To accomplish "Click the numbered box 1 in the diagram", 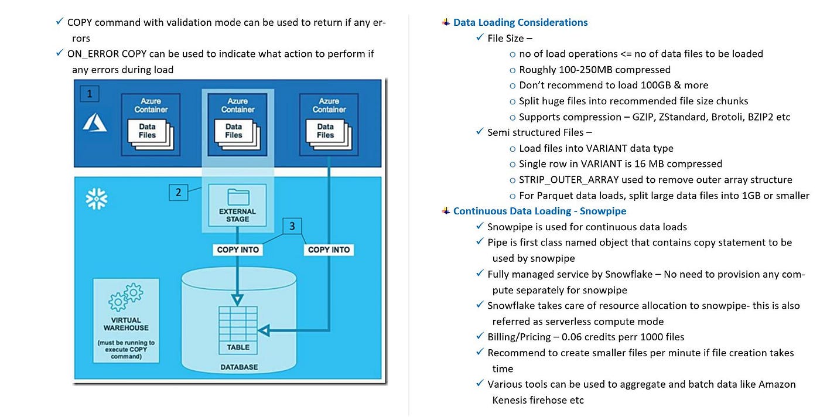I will (89, 94).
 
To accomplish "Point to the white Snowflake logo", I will (97, 199).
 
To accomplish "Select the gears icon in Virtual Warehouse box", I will (126, 296).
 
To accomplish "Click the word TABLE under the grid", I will (238, 347).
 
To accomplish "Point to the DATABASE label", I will (238, 367).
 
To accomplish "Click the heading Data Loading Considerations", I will (520, 23).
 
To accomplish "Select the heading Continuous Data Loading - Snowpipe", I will (539, 211).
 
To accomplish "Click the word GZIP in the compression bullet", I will (646, 117).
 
